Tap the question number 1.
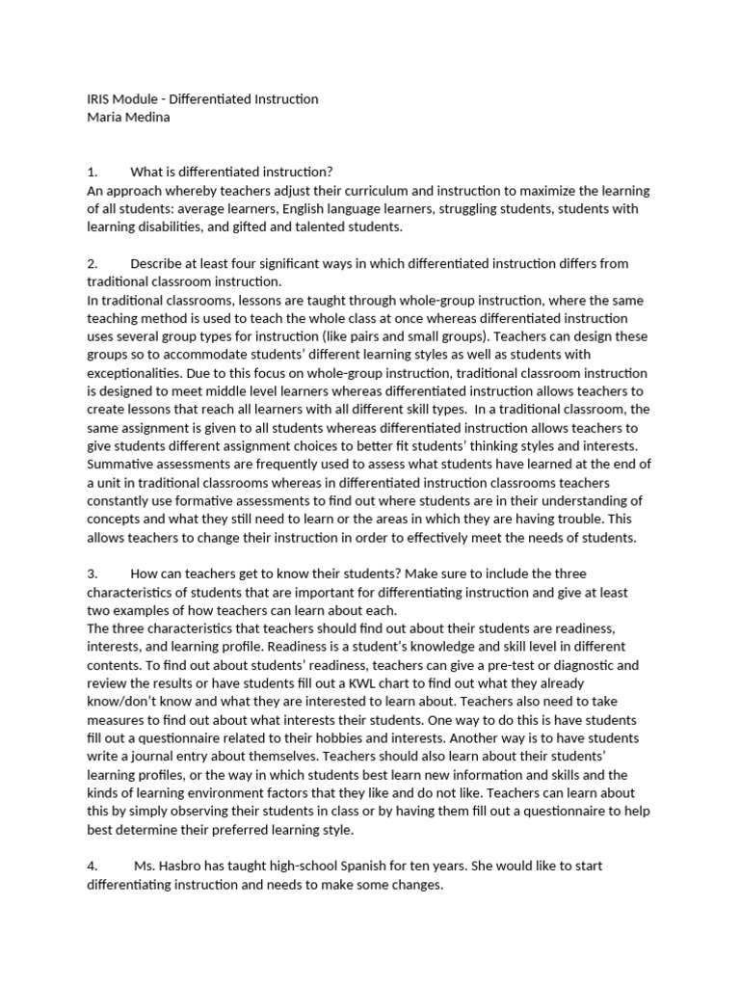91,172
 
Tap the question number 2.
91,263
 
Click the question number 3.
91,574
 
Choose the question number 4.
91,867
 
